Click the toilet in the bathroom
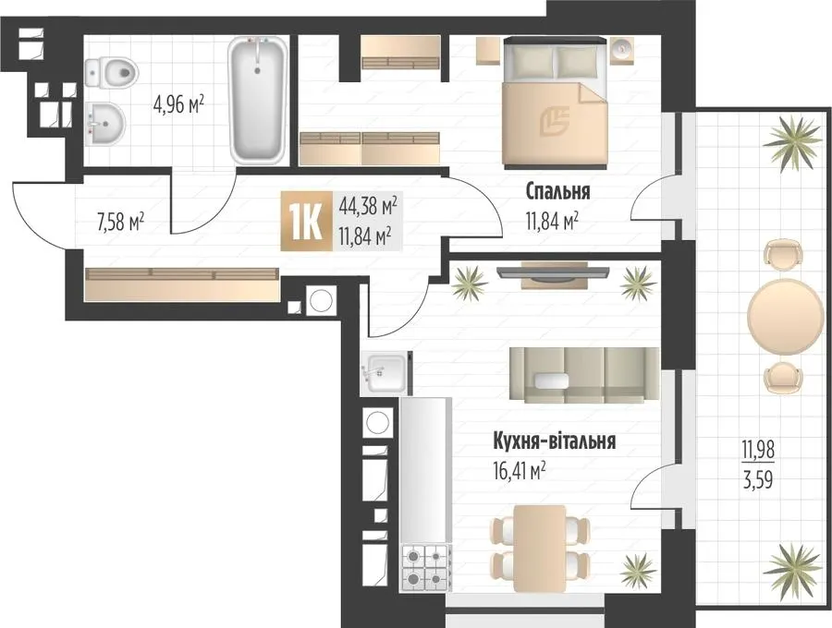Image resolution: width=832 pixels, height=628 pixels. (110, 72)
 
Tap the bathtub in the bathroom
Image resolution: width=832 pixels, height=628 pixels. (258, 101)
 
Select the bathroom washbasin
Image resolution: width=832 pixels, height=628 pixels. (105, 123)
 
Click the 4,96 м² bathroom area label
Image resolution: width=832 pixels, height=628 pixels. (178, 105)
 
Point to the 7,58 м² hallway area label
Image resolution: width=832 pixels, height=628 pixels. (120, 223)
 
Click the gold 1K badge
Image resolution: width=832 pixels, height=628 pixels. (307, 221)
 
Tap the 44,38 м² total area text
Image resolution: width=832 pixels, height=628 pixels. (368, 207)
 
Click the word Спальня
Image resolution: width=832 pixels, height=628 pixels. (557, 191)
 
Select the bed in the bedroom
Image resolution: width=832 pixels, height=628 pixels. (555, 102)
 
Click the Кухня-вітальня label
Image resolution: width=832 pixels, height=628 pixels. (555, 441)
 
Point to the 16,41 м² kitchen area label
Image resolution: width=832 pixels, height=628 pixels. (520, 470)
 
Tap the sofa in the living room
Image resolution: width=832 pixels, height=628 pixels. (584, 375)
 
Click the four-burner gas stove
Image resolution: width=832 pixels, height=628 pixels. (426, 568)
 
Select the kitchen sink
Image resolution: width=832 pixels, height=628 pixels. (384, 373)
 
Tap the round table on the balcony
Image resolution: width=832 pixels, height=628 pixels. (781, 316)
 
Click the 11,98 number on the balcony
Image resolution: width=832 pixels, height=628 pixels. (758, 451)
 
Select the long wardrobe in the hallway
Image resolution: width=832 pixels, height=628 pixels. (181, 284)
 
